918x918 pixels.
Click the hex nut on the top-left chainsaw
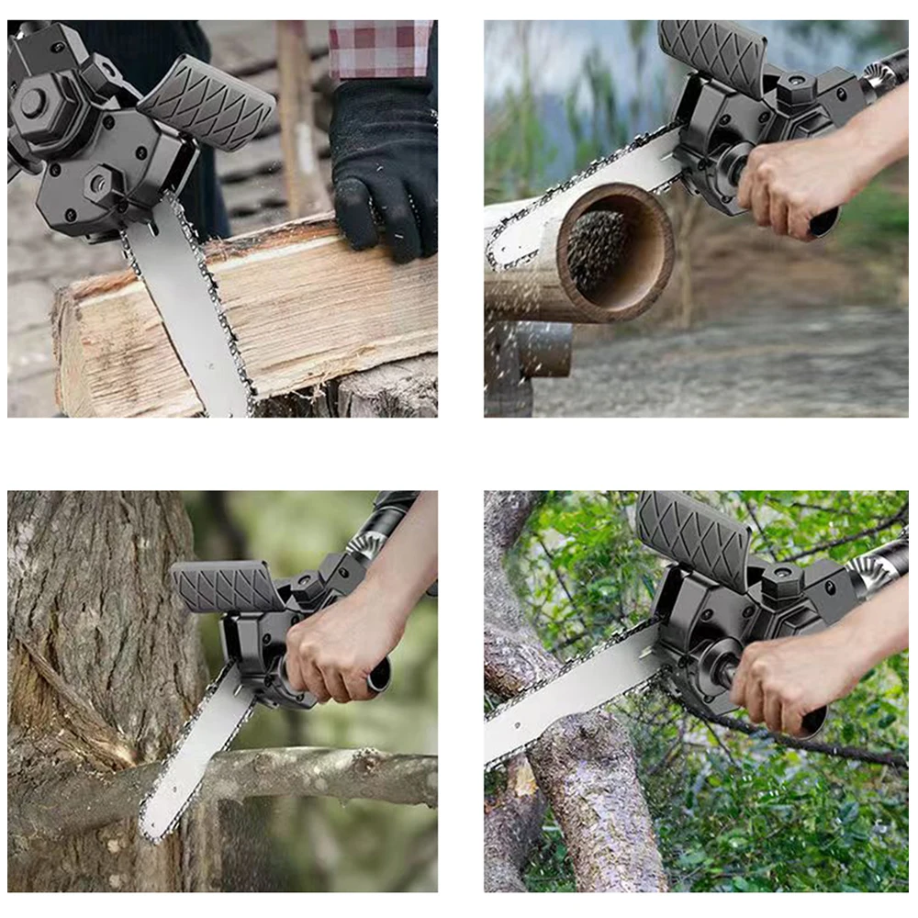pos(33,103)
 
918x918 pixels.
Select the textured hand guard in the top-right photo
pos(712,55)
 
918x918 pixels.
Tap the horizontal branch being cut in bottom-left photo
pos(349,776)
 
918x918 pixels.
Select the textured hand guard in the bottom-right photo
pos(694,536)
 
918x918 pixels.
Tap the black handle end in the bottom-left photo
pos(379,677)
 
